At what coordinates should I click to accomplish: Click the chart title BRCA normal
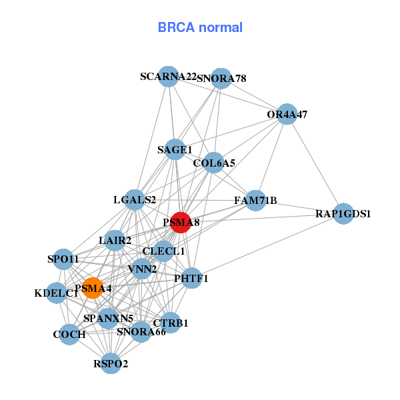pyautogui.click(x=200, y=28)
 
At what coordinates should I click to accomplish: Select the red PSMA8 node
pyautogui.click(x=181, y=222)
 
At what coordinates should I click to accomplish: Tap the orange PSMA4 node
pyautogui.click(x=92, y=288)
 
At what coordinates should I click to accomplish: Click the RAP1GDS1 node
pyautogui.click(x=343, y=214)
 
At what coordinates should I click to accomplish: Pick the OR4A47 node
pyautogui.click(x=287, y=114)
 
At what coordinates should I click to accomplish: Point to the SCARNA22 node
pyautogui.click(x=169, y=77)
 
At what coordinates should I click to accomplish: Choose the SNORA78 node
pyautogui.click(x=221, y=79)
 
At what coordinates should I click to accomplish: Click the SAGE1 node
pyautogui.click(x=175, y=149)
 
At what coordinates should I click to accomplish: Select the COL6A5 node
pyautogui.click(x=213, y=163)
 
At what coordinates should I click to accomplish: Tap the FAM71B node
pyautogui.click(x=255, y=200)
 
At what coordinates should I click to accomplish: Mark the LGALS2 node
pyautogui.click(x=135, y=199)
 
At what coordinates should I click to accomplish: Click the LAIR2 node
pyautogui.click(x=115, y=240)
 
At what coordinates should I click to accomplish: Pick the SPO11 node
pyautogui.click(x=63, y=259)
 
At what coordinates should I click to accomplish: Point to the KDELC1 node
pyautogui.click(x=57, y=293)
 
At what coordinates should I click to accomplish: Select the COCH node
pyautogui.click(x=69, y=334)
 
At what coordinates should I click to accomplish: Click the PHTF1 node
pyautogui.click(x=191, y=278)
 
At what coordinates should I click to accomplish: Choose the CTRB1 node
pyautogui.click(x=171, y=323)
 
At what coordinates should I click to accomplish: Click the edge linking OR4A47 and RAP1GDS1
pyautogui.click(x=315, y=164)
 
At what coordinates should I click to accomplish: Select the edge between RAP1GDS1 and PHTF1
pyautogui.click(x=267, y=246)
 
